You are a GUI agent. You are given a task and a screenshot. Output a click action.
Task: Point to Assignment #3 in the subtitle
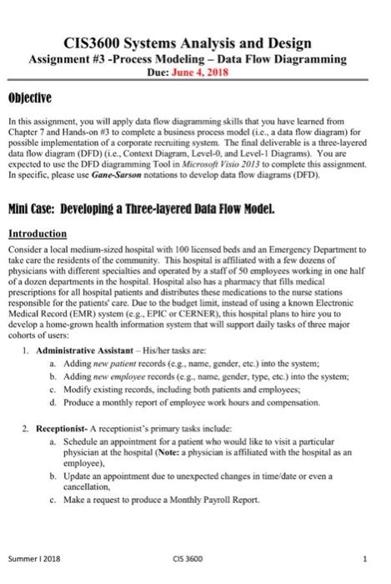(66, 59)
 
